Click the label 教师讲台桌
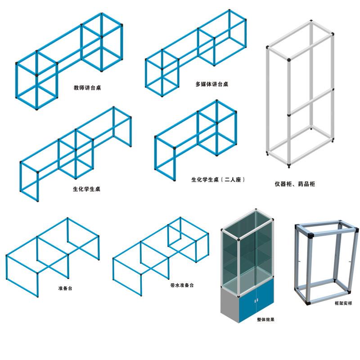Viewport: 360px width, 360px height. (x=87, y=87)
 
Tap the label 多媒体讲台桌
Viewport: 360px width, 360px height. (x=211, y=84)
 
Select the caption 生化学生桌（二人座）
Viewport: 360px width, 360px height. (x=218, y=180)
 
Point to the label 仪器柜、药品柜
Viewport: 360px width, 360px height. (x=295, y=184)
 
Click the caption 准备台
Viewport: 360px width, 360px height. (x=65, y=288)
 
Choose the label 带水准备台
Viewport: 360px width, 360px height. (x=182, y=285)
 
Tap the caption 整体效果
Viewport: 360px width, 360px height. (x=265, y=319)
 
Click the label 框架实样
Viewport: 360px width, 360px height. (x=343, y=303)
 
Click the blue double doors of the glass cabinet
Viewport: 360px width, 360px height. (x=256, y=301)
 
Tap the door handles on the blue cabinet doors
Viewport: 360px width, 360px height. (x=256, y=300)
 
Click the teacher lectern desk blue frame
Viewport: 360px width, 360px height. (x=69, y=61)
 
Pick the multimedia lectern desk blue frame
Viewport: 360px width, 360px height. (x=196, y=53)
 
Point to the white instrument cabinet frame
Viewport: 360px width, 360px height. (x=300, y=94)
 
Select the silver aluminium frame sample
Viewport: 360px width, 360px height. (x=326, y=262)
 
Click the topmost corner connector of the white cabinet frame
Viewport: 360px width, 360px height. (x=311, y=21)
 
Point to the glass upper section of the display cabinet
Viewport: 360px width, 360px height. (x=247, y=252)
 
